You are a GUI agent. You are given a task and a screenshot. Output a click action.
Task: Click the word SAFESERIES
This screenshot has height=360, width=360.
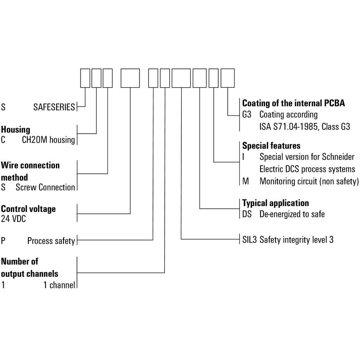point(54,108)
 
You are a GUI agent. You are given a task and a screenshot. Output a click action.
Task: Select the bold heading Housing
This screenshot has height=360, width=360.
point(15,130)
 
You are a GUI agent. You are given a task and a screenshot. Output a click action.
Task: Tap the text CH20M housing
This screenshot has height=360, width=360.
point(49,140)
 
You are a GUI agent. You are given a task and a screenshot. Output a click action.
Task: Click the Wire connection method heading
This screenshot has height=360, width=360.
point(30,171)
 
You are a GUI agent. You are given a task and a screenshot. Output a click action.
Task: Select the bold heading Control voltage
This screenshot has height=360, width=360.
point(28,209)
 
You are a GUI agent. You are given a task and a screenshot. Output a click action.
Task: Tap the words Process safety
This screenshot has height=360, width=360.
point(51,241)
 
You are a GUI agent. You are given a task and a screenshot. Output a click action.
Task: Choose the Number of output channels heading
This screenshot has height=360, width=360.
point(30,267)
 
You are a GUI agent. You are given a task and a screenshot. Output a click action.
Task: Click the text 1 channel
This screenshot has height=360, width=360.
point(59,284)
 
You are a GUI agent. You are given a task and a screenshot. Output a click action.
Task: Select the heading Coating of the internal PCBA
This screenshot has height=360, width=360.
point(293,103)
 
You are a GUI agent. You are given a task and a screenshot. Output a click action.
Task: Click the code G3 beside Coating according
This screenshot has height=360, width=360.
point(247,115)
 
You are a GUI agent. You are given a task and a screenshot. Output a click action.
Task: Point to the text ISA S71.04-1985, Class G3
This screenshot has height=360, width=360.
point(305,127)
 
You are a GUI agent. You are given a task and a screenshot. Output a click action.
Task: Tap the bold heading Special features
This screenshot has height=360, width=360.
point(271,146)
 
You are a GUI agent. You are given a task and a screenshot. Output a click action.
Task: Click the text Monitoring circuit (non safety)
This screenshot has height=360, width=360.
point(309,181)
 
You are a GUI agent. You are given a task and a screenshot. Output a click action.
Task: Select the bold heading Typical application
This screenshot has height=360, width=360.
point(275,203)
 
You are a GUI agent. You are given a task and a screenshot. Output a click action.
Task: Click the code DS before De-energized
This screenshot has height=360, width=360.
point(247,215)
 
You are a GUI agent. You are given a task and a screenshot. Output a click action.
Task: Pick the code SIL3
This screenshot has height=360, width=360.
point(249,240)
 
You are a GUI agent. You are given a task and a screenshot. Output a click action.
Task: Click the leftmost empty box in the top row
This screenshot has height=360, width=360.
point(85,78)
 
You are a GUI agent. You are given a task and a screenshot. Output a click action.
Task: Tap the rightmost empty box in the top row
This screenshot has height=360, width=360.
point(228,78)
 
